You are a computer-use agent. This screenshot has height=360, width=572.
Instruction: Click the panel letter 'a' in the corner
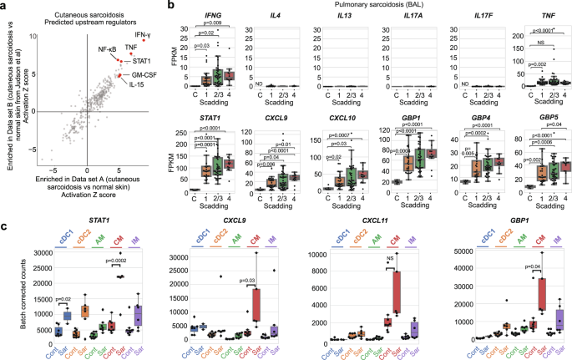[x=4, y=6]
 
